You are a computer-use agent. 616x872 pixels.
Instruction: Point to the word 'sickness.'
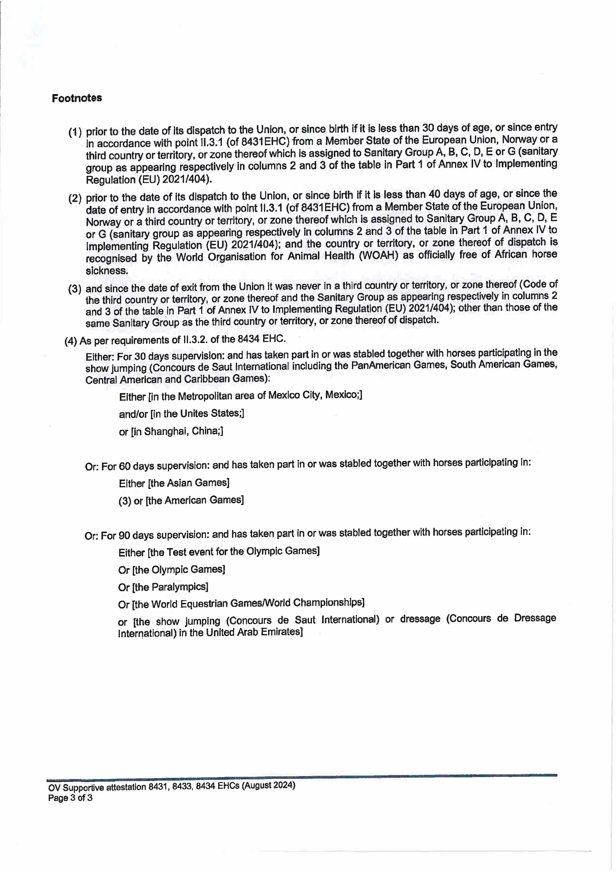(107, 271)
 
